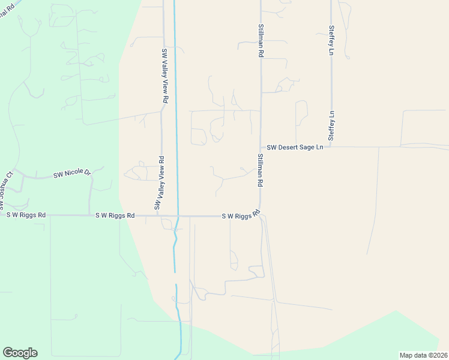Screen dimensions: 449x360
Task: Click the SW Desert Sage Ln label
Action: tap(295, 147)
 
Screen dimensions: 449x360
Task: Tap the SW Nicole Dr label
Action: tap(71, 174)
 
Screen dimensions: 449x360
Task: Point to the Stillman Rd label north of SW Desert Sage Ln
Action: tap(261, 41)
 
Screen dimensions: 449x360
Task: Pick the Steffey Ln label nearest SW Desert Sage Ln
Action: tap(331, 125)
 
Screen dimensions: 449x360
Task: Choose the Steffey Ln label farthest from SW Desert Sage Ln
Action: tap(331, 40)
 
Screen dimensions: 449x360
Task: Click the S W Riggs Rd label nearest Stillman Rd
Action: tap(240, 215)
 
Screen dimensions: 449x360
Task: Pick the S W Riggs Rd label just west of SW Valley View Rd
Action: tap(114, 215)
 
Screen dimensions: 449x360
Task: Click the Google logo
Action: tap(20, 353)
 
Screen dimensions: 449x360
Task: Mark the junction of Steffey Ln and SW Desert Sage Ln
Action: tap(331, 146)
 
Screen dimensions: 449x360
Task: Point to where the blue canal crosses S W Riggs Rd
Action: tap(178, 216)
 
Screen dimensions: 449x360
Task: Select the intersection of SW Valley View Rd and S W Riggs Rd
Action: tap(161, 215)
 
